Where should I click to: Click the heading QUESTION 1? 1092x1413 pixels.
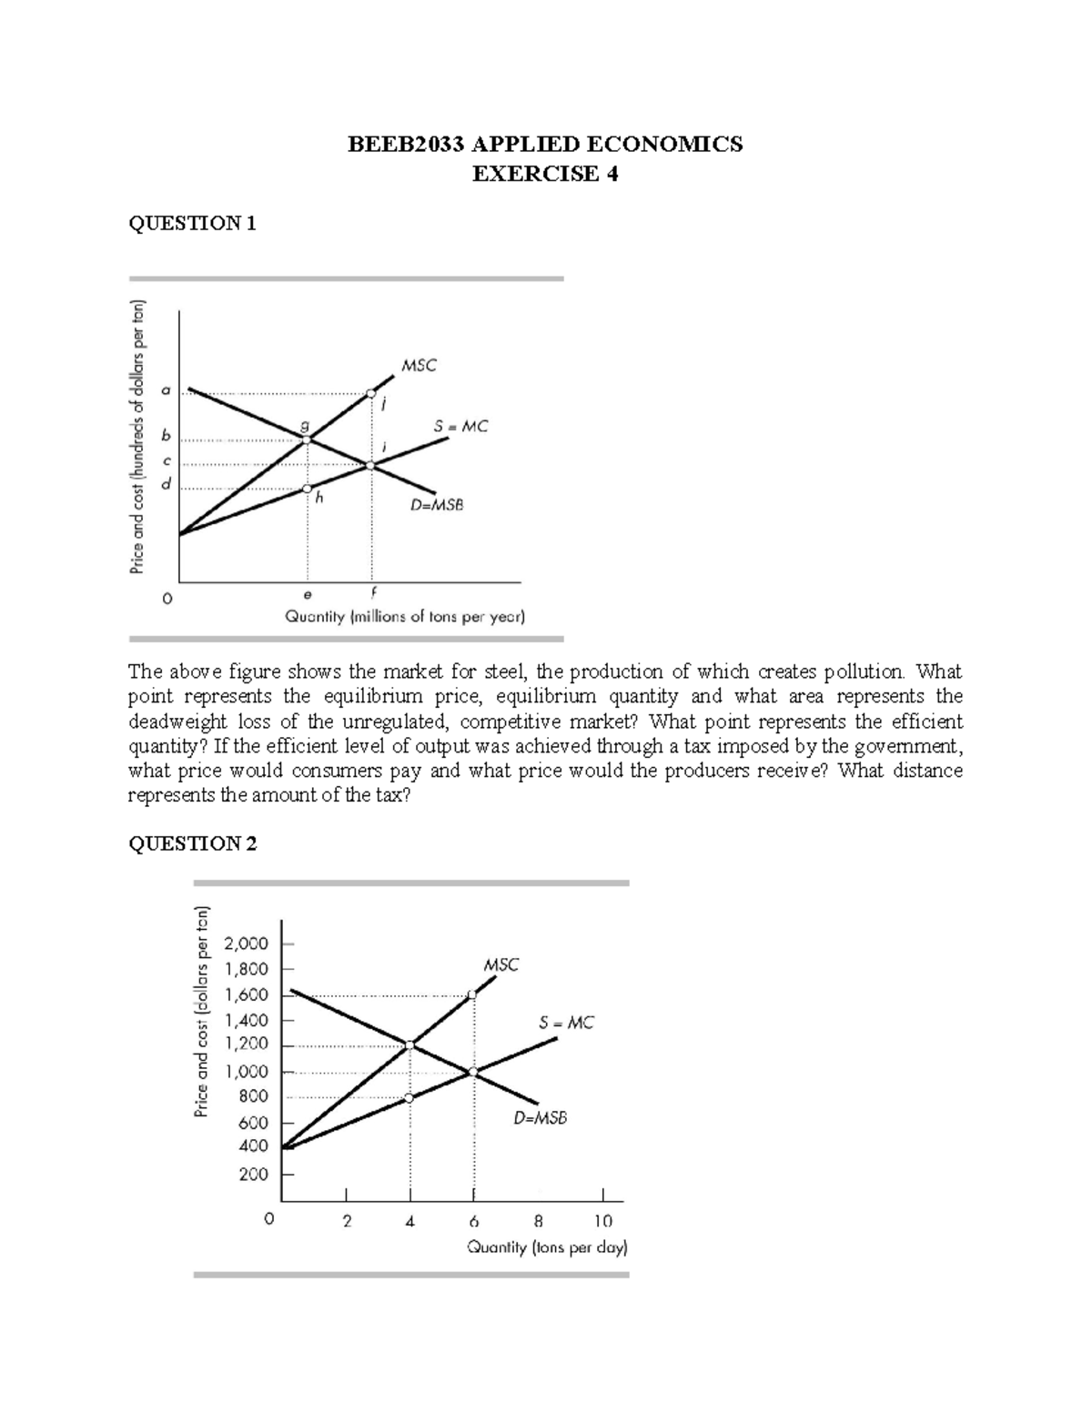tap(192, 224)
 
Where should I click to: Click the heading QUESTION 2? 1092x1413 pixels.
tap(192, 844)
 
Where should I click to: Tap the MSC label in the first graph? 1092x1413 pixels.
tap(419, 366)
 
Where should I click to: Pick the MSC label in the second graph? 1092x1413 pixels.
tap(500, 964)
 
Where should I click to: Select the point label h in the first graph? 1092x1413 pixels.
tap(319, 498)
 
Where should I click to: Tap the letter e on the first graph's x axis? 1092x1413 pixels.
tap(307, 595)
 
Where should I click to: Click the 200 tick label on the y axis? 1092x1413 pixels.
tap(253, 1175)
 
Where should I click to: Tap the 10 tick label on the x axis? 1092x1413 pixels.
tap(603, 1221)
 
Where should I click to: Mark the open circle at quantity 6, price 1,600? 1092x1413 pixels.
tap(471, 994)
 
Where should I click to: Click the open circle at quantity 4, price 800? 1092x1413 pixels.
tap(409, 1097)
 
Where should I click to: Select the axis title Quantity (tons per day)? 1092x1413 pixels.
tap(547, 1247)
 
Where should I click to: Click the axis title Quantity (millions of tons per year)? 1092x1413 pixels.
tap(405, 617)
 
